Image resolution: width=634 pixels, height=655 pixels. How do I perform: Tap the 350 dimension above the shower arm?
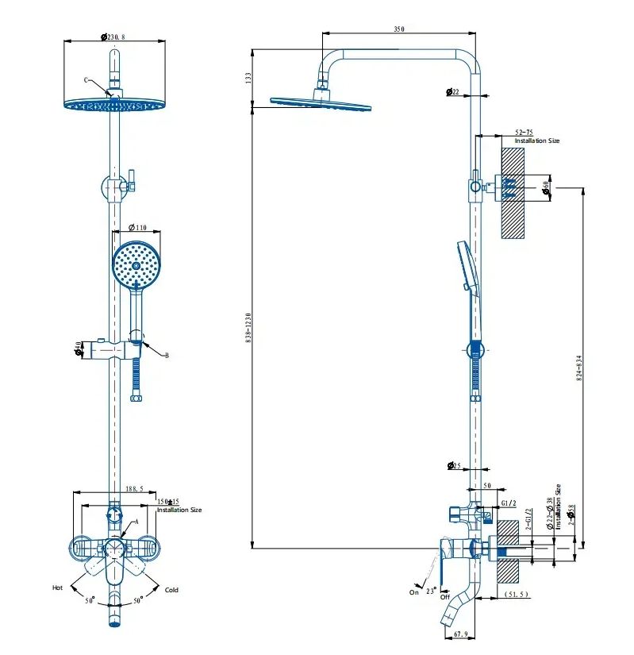398,29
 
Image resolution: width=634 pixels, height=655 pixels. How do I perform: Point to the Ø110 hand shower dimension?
137,228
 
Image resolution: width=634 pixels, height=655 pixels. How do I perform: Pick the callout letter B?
167,356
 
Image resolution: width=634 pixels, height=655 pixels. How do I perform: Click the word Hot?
57,588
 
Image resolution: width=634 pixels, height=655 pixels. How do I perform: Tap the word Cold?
171,590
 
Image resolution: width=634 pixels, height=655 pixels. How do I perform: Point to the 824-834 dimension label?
578,368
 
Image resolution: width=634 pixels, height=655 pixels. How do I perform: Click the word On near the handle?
414,592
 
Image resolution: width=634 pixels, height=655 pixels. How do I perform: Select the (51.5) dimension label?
517,595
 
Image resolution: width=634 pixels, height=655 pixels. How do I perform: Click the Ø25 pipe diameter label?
454,466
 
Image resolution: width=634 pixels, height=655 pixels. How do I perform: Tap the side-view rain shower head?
320,103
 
